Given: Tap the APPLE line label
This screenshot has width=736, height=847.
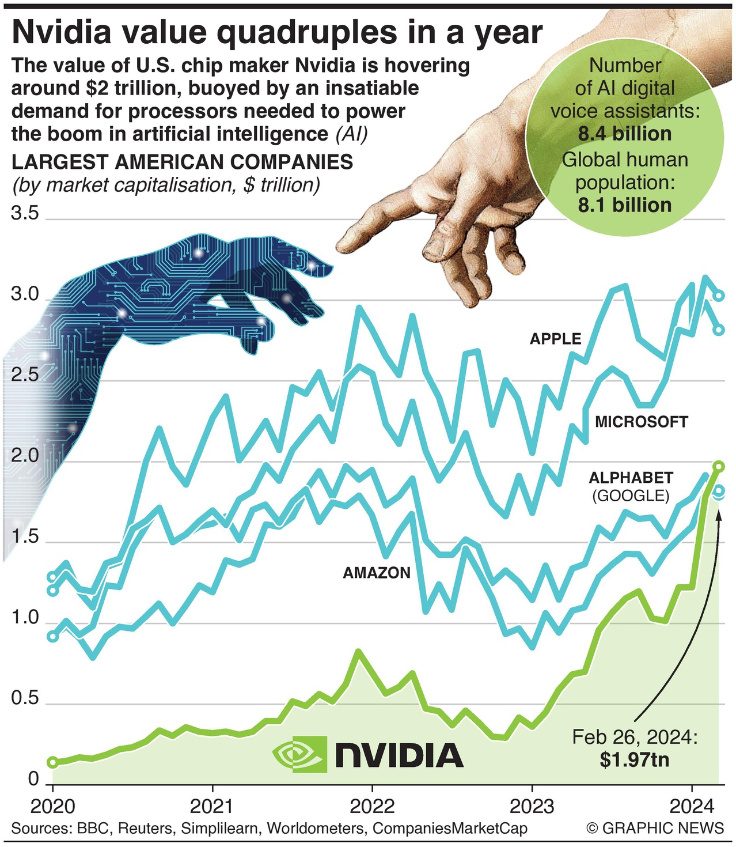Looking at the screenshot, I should [x=555, y=339].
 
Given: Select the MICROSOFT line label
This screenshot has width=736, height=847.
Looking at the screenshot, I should [x=641, y=422].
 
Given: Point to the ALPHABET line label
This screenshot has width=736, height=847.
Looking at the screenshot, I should [x=631, y=478].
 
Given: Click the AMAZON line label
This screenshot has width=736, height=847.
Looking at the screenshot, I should [x=377, y=573].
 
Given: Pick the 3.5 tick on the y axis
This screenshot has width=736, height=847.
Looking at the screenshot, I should [x=25, y=214].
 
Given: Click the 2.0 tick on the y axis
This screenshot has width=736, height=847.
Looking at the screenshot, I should [x=25, y=456].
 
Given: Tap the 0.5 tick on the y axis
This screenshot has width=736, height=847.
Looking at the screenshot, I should [x=25, y=699].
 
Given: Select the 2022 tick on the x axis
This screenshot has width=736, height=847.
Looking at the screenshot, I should [x=372, y=805].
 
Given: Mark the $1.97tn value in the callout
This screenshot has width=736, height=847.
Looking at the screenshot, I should [x=634, y=759].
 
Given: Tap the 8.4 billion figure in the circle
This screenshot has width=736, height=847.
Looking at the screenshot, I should [x=625, y=134].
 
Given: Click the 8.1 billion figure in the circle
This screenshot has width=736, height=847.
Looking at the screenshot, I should [x=625, y=205].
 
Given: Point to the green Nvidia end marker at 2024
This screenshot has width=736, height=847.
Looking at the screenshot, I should [x=719, y=466].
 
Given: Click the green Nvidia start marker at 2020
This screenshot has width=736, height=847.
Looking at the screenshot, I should [x=52, y=762].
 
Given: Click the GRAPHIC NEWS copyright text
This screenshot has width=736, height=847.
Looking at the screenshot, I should [x=655, y=829].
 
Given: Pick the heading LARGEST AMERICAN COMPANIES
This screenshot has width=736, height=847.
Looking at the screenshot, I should [x=182, y=162].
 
